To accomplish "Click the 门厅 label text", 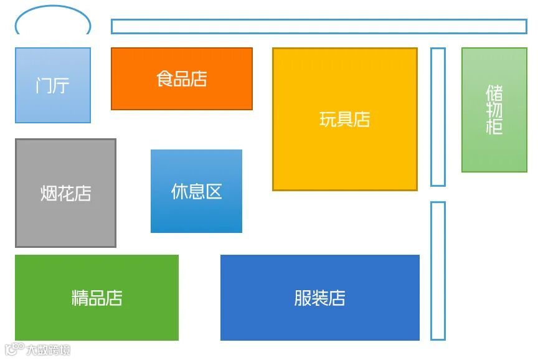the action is [52, 85].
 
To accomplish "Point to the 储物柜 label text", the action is [494, 110].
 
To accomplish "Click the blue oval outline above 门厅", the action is [53, 7].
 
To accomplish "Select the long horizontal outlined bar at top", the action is [319, 26].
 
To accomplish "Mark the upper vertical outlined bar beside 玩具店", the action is [438, 116].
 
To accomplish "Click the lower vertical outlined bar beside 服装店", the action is [438, 270].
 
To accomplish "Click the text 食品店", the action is [181, 79].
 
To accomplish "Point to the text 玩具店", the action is [344, 119].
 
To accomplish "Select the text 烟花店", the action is [65, 193].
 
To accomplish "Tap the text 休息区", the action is [196, 191].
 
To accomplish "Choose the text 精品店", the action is [97, 298].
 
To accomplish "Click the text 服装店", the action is [319, 298].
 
